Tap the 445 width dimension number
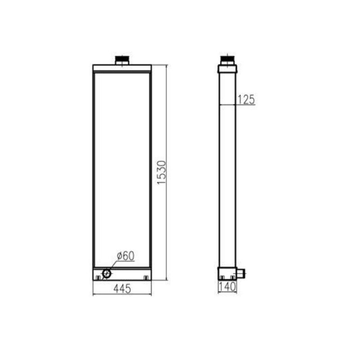(x=122, y=289)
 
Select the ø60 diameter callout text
(x=126, y=256)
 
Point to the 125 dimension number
(x=246, y=99)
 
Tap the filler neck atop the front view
(x=122, y=60)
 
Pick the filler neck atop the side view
(x=227, y=59)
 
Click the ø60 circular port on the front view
(x=107, y=273)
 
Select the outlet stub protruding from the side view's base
(x=241, y=273)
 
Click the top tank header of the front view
(x=122, y=68)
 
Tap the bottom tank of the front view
(x=122, y=273)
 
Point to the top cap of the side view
(x=227, y=68)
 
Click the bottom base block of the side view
(x=227, y=272)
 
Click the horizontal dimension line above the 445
(x=122, y=295)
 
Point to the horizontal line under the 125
(x=237, y=105)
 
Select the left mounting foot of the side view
(x=223, y=278)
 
